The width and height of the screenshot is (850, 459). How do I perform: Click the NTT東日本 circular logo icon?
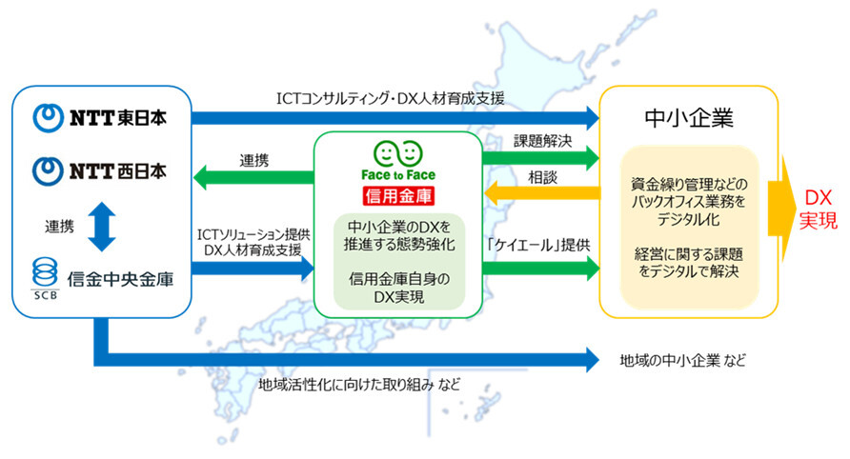click(x=48, y=117)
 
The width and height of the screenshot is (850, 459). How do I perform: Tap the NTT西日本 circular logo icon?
click(x=48, y=171)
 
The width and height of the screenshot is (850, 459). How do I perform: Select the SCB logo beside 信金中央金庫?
click(x=45, y=278)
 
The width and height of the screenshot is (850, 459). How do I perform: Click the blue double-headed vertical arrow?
click(x=102, y=227)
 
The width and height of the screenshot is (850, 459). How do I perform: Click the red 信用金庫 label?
click(x=398, y=195)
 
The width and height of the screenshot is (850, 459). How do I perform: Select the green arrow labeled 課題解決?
click(x=540, y=158)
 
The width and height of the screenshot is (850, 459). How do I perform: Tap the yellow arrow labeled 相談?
click(x=542, y=192)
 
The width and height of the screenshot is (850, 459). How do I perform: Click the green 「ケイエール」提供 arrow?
click(x=540, y=268)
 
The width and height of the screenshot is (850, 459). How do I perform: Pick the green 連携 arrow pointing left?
click(x=253, y=177)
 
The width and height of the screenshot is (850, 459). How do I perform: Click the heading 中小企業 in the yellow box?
click(x=688, y=117)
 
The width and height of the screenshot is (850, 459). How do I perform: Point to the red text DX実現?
click(x=818, y=209)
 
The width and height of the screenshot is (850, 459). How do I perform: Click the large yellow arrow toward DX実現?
click(x=782, y=209)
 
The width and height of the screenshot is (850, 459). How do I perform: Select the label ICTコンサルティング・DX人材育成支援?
click(x=391, y=98)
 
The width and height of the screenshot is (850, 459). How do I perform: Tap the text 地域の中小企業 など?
click(x=682, y=360)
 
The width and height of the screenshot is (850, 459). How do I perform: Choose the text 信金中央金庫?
click(x=120, y=279)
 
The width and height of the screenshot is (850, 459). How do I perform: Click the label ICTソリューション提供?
click(x=253, y=234)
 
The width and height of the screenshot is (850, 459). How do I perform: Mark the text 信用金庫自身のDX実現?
click(x=399, y=288)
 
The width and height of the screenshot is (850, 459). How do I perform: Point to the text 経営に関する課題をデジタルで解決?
click(x=688, y=262)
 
